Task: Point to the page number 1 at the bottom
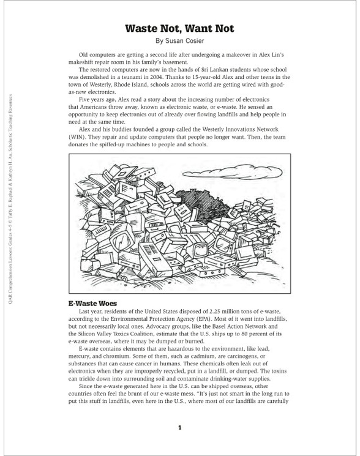pos(179,428)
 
